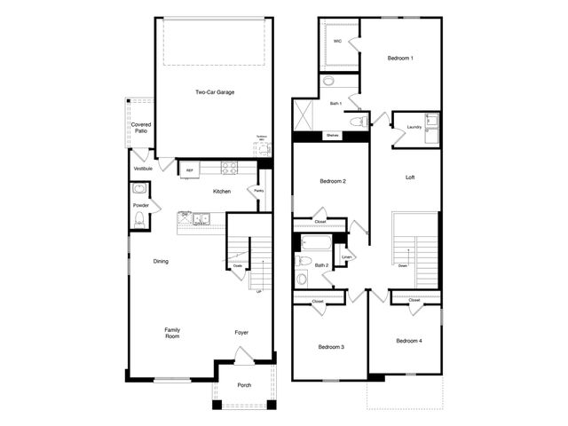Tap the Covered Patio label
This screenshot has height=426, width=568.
[x=140, y=128]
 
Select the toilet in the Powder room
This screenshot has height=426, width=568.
[x=138, y=189]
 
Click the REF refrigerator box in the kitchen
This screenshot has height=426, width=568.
[x=189, y=170]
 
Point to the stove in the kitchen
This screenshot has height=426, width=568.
[x=228, y=168]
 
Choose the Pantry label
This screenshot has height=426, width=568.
[x=259, y=190]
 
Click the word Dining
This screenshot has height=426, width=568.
[x=161, y=261]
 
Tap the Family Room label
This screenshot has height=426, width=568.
[x=172, y=334]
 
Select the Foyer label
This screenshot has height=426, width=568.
[x=241, y=333]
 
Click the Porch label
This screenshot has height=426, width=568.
[x=244, y=385]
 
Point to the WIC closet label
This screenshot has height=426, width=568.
[x=337, y=41]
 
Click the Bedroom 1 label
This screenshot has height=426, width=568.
[x=400, y=59]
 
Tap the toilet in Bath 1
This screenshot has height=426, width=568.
[x=358, y=122]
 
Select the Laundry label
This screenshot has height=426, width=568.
[x=414, y=128]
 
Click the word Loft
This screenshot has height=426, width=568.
[x=410, y=177]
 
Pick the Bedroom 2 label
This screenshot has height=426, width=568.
[x=332, y=181]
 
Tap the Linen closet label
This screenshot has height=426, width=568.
[x=347, y=257]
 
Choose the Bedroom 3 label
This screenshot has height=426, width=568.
[x=331, y=346]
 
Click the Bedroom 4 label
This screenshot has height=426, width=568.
[x=407, y=341]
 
